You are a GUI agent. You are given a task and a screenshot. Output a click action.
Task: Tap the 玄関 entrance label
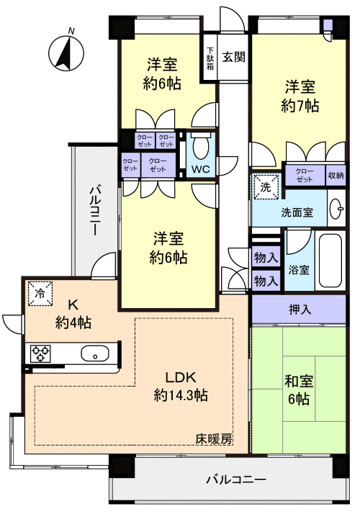(233, 57)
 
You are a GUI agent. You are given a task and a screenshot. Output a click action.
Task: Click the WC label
(200, 170)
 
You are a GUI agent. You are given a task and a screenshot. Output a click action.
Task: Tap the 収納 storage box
(336, 175)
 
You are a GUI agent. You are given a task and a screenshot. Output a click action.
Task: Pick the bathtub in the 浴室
(331, 263)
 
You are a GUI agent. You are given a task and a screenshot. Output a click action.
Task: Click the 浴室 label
(299, 270)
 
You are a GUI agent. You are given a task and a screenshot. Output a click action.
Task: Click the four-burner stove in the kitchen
(40, 353)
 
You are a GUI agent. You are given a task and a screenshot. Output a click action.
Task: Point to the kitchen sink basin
(95, 353)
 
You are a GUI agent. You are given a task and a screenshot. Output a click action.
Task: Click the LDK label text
(181, 377)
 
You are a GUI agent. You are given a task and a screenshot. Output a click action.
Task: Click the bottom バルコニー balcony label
(236, 479)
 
